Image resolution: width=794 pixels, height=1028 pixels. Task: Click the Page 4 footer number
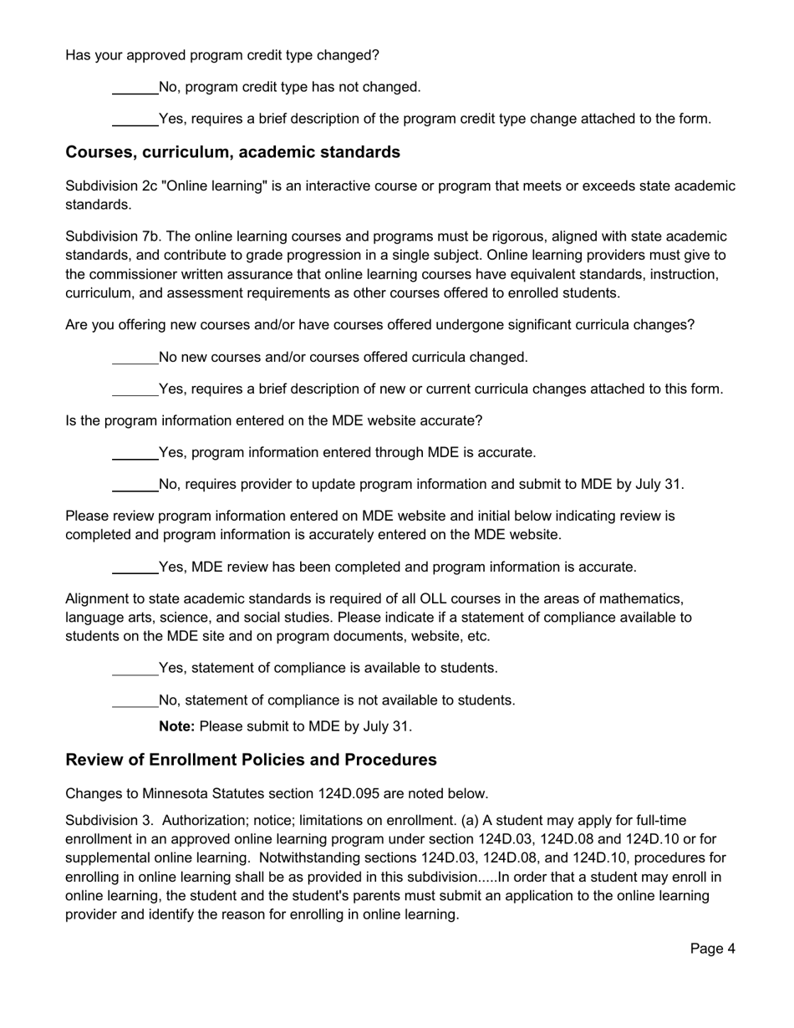click(x=712, y=948)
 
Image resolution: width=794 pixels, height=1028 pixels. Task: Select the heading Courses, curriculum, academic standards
click(x=232, y=152)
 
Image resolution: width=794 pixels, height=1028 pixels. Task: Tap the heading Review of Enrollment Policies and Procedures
click(x=251, y=760)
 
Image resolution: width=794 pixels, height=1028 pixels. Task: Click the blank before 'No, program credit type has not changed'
click(x=135, y=88)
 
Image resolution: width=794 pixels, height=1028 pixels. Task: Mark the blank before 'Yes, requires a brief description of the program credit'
click(x=135, y=120)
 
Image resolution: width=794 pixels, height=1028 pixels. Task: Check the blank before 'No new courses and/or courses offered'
click(x=135, y=359)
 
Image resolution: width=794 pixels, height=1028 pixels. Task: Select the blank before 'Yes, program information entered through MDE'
click(x=135, y=454)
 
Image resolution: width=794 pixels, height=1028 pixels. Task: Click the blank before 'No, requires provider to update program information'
click(x=135, y=486)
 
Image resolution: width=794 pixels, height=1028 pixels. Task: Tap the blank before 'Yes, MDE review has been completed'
click(x=135, y=568)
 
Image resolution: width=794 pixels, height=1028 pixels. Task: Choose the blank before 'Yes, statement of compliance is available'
click(x=135, y=669)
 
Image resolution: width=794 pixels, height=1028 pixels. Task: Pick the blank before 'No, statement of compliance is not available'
click(x=135, y=701)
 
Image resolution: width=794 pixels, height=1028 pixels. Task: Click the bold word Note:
click(x=176, y=726)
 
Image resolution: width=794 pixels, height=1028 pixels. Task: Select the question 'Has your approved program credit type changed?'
click(x=222, y=55)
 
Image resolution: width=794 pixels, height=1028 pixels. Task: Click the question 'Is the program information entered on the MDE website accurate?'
click(x=273, y=420)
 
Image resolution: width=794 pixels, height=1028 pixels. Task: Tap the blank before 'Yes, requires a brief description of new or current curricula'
click(x=135, y=390)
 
